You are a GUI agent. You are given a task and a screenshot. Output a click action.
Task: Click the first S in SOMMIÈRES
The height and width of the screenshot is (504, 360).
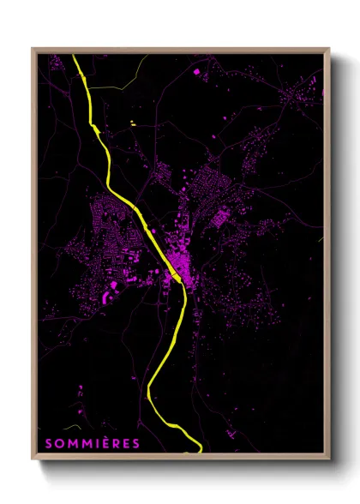pos(48,443)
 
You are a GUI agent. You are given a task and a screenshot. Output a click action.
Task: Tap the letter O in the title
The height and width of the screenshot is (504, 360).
pos(59,443)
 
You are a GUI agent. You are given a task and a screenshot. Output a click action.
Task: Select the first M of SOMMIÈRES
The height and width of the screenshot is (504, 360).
pos(72,443)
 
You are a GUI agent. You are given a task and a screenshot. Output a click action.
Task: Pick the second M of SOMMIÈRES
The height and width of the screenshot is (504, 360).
pos(86,443)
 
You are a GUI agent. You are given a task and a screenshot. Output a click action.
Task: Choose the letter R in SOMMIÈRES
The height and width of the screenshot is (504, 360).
pos(116,443)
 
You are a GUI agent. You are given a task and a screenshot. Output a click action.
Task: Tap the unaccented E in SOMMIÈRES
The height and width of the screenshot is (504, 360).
pos(126,443)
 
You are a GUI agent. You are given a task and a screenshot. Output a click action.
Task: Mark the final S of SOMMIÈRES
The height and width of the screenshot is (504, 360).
pos(136,443)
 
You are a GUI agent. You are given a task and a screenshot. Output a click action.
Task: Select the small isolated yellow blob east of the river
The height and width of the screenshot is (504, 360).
pos(133,125)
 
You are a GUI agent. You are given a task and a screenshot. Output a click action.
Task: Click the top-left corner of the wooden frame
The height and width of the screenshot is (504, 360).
pos(33,49)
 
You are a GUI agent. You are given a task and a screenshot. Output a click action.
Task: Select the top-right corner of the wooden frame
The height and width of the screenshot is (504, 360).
pos(329,49)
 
